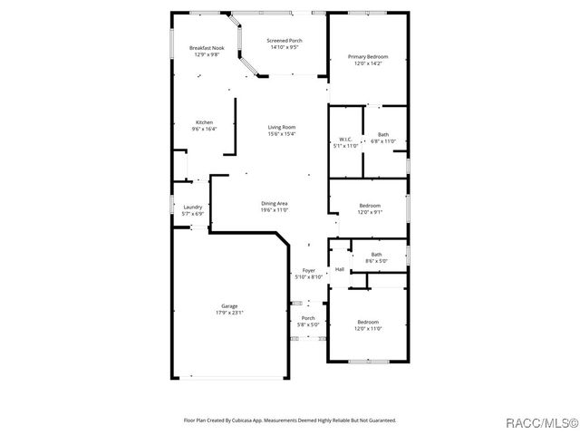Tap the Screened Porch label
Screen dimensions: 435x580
click(x=284, y=41)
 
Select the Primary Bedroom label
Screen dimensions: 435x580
click(x=368, y=57)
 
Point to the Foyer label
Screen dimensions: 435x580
click(x=308, y=271)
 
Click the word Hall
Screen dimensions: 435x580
click(x=340, y=269)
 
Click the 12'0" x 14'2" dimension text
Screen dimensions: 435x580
click(x=368, y=63)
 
